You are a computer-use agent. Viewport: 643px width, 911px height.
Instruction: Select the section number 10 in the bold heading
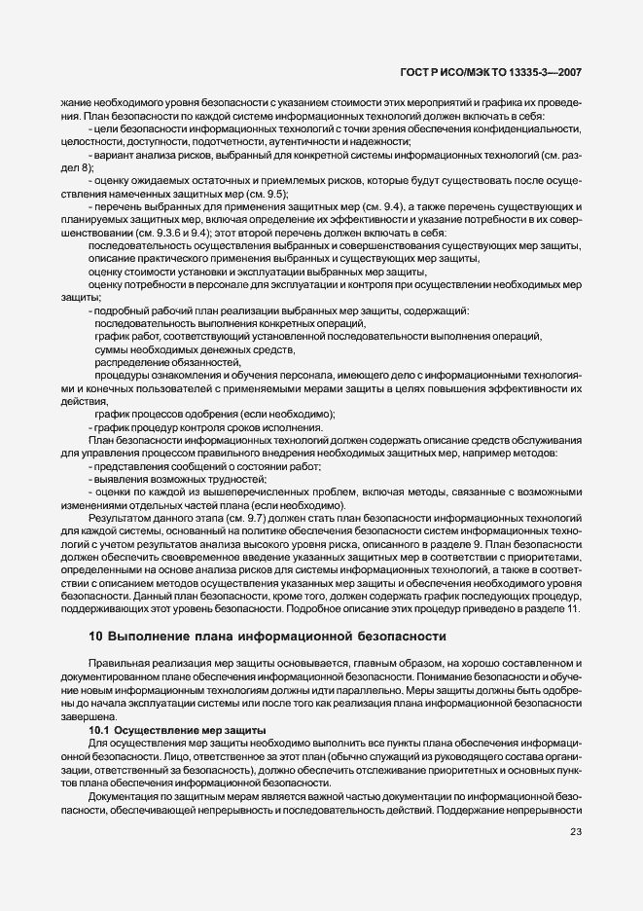[x=95, y=637]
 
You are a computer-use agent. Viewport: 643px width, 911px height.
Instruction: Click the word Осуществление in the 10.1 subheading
[x=160, y=730]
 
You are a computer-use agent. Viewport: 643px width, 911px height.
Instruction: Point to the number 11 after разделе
[x=573, y=609]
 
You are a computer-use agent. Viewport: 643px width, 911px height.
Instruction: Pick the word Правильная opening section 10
[x=118, y=662]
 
